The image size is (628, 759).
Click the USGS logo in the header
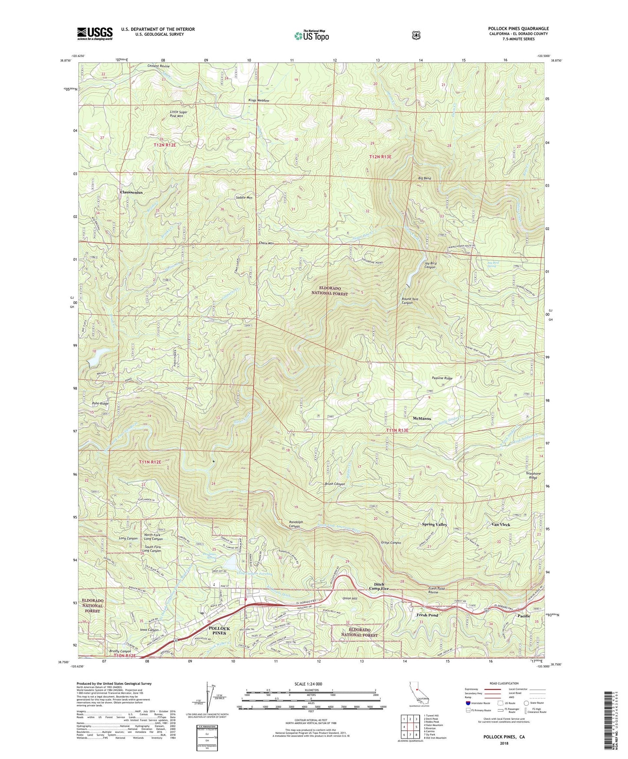coord(95,33)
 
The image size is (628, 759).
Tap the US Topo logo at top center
coord(311,36)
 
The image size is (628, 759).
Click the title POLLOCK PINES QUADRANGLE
coord(518,29)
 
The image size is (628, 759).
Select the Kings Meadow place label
coord(259,100)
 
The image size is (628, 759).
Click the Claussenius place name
coord(131,192)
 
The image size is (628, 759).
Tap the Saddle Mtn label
coord(244,197)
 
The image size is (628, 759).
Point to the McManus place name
coord(421,418)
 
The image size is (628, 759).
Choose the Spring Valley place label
coord(434,524)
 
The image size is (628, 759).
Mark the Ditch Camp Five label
coord(379,586)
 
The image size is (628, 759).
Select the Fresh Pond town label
coord(427,615)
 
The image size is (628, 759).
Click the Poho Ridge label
coord(100,403)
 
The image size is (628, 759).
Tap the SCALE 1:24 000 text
coord(308,684)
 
